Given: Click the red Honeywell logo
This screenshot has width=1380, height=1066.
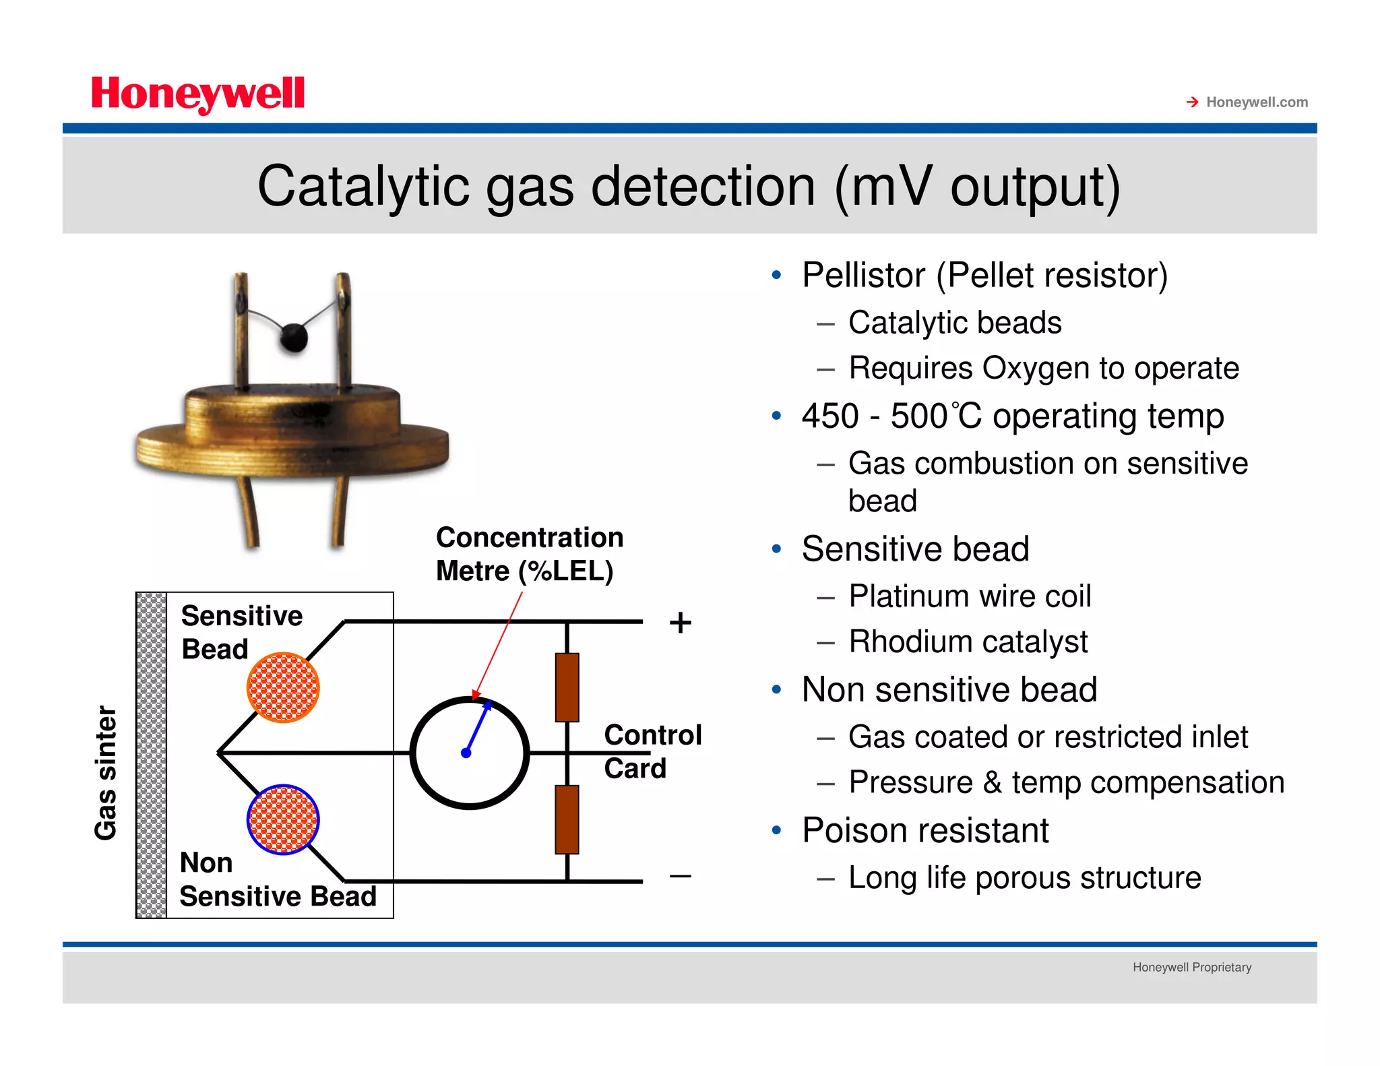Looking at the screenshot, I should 197,94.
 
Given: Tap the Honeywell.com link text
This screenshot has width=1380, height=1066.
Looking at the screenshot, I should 1256,102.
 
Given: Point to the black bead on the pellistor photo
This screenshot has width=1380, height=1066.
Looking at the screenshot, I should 294,337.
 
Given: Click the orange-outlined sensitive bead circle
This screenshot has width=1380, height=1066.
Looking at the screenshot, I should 283,687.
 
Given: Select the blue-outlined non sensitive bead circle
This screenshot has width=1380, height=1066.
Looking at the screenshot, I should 283,819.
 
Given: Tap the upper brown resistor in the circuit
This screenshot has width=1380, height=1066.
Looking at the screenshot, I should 567,687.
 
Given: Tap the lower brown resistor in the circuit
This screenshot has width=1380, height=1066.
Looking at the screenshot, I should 567,819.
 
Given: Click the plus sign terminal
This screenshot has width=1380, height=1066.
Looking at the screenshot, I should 680,623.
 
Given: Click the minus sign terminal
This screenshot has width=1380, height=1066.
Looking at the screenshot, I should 680,876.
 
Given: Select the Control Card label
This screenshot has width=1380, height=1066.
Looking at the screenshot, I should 652,751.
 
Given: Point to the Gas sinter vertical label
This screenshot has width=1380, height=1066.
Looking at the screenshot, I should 106,773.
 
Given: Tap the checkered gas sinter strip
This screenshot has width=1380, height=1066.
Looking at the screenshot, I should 152,755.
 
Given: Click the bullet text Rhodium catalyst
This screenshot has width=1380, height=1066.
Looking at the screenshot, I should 968,641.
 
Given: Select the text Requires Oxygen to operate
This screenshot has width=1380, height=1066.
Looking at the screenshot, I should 1043,369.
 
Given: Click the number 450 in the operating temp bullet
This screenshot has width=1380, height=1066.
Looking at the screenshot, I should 829,416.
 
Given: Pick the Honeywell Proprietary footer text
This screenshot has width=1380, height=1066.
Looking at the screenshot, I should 1191,968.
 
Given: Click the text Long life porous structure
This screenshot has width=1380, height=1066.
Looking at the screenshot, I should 1024,878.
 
